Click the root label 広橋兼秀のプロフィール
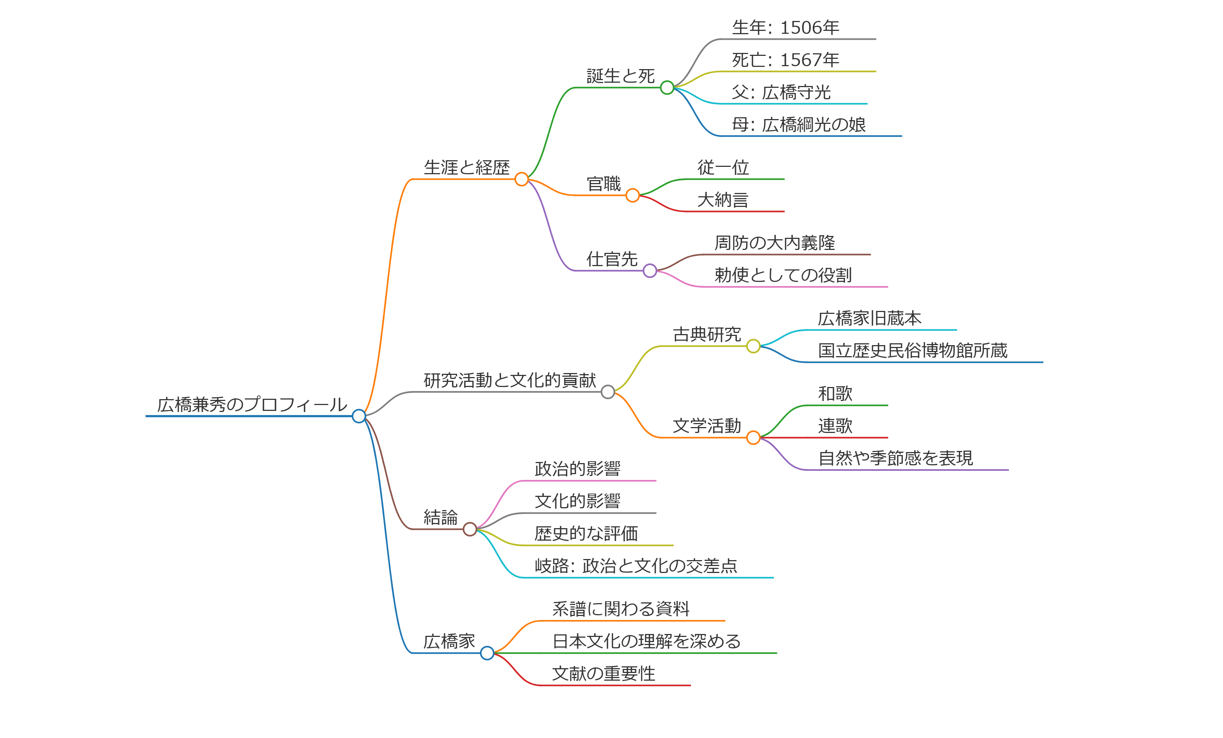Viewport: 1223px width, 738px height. (252, 405)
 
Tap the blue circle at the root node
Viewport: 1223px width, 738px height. (359, 416)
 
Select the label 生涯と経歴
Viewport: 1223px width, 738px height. (467, 168)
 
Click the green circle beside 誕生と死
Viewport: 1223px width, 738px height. (667, 88)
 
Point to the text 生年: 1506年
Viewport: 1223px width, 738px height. (786, 28)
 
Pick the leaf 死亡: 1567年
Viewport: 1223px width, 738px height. (786, 60)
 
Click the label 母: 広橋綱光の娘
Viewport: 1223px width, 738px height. (799, 125)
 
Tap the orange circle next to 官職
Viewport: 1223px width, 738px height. (632, 196)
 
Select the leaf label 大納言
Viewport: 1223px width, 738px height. (723, 200)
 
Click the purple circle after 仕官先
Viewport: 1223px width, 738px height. (650, 271)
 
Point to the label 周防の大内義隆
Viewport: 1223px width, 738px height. (775, 243)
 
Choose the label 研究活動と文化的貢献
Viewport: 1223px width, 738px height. (510, 380)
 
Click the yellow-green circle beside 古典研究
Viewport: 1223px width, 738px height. (753, 346)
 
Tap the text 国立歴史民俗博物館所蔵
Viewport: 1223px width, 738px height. (913, 351)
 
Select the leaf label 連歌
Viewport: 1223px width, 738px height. (835, 426)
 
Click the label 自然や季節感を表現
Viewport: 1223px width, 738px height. (895, 458)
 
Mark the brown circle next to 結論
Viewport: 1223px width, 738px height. (470, 529)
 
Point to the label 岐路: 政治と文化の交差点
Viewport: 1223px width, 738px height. (636, 566)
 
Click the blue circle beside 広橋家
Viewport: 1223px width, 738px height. (488, 653)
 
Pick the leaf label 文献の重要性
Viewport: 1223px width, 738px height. (603, 674)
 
